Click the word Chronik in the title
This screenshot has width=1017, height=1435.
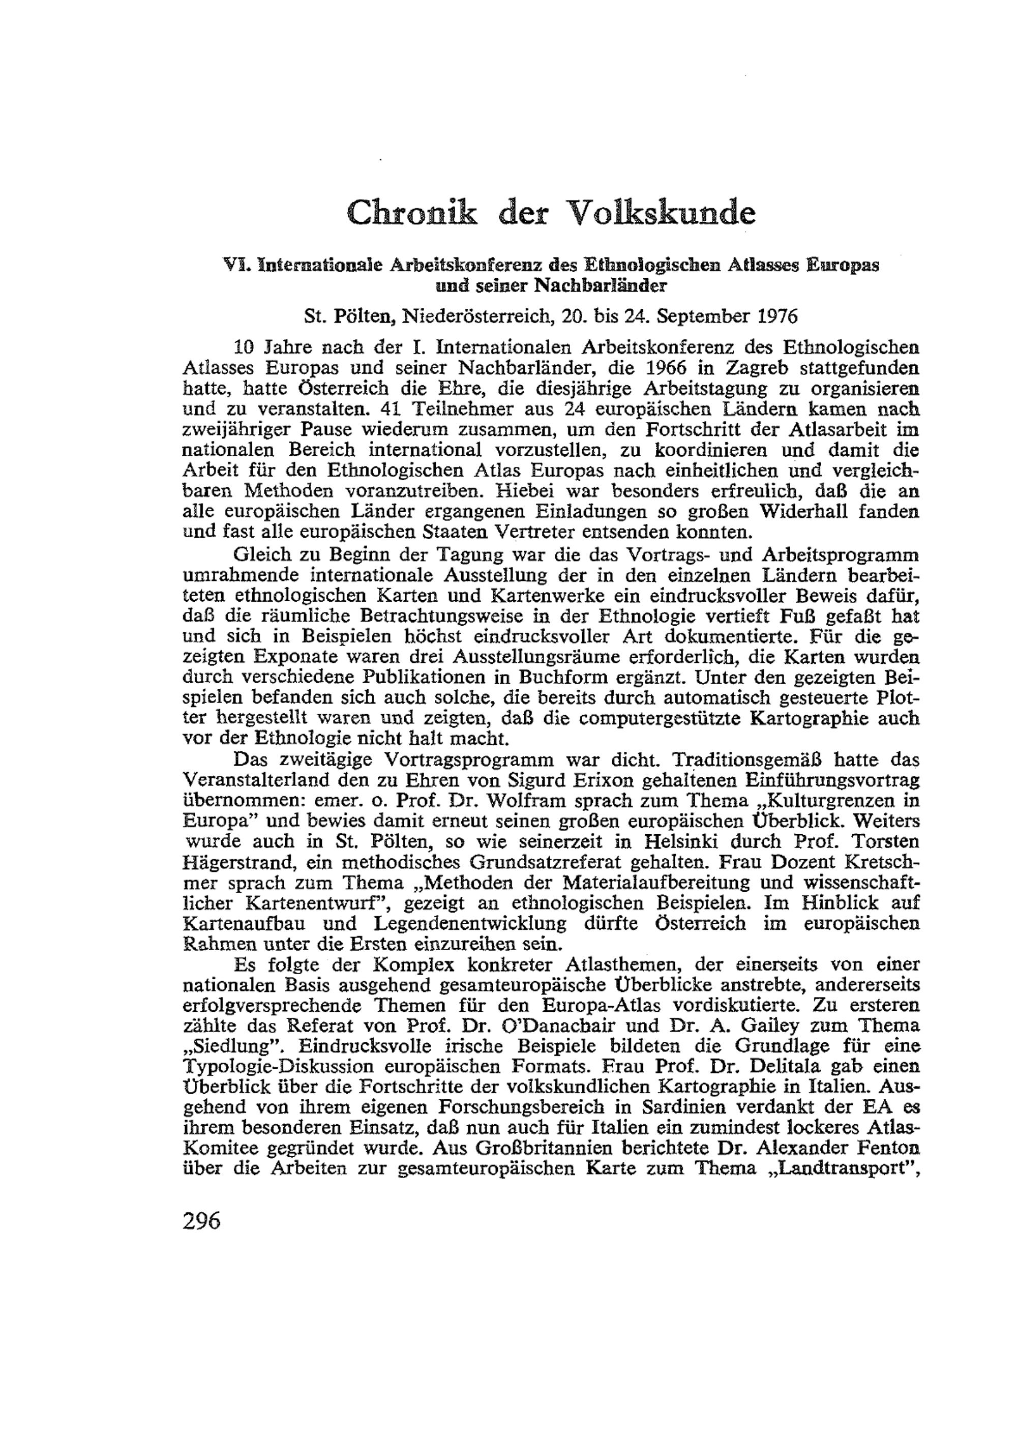(x=411, y=213)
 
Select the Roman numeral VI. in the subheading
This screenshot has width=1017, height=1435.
(x=237, y=266)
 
